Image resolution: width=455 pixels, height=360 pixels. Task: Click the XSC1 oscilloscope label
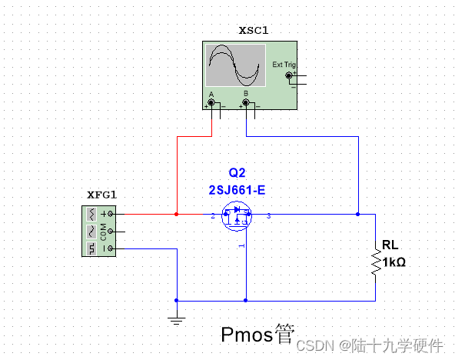tap(254, 30)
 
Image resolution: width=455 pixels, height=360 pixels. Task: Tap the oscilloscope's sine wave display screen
tap(235, 65)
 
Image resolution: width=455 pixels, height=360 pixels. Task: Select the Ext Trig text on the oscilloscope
tap(284, 65)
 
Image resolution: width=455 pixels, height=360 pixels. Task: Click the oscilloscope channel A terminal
tap(211, 102)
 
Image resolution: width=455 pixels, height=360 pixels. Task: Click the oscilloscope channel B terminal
tap(246, 102)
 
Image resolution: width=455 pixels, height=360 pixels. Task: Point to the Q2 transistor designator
tap(236, 172)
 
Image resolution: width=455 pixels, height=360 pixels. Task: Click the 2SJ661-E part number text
tap(237, 189)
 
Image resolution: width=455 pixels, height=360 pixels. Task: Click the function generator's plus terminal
tap(111, 214)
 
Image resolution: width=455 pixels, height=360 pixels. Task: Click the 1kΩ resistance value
tap(394, 262)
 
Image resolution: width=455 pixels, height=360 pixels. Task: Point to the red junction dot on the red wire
tap(177, 215)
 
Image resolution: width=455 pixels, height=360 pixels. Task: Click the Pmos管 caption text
tap(257, 335)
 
